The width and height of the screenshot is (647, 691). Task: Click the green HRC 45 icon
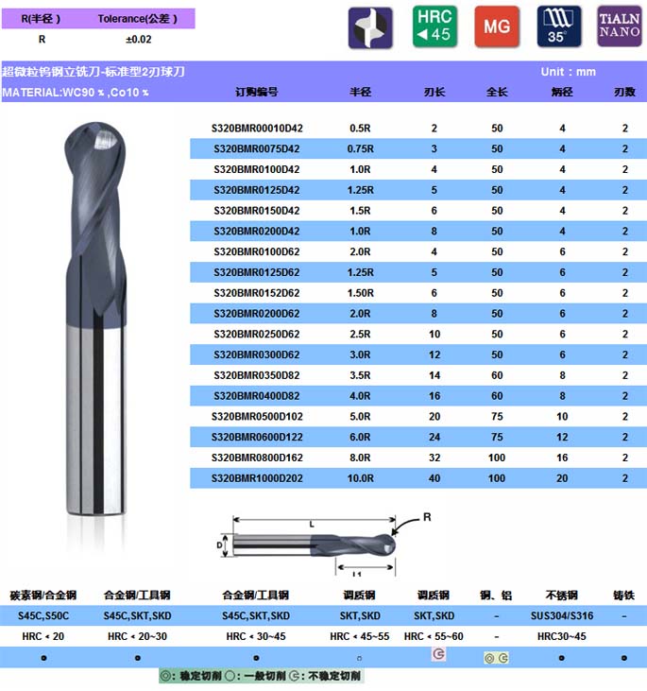point(434,26)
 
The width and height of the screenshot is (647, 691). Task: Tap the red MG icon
point(497,26)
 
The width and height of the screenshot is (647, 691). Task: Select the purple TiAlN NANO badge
point(620,26)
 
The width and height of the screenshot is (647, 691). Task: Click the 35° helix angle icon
point(559,26)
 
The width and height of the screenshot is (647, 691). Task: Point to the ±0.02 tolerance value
point(138,39)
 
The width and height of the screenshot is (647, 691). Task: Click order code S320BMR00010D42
point(257,129)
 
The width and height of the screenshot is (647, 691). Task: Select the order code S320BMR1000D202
point(257,478)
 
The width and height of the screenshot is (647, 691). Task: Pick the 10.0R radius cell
point(360,478)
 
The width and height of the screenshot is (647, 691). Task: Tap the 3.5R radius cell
point(360,375)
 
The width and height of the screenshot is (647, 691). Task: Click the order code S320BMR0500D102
point(257,417)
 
